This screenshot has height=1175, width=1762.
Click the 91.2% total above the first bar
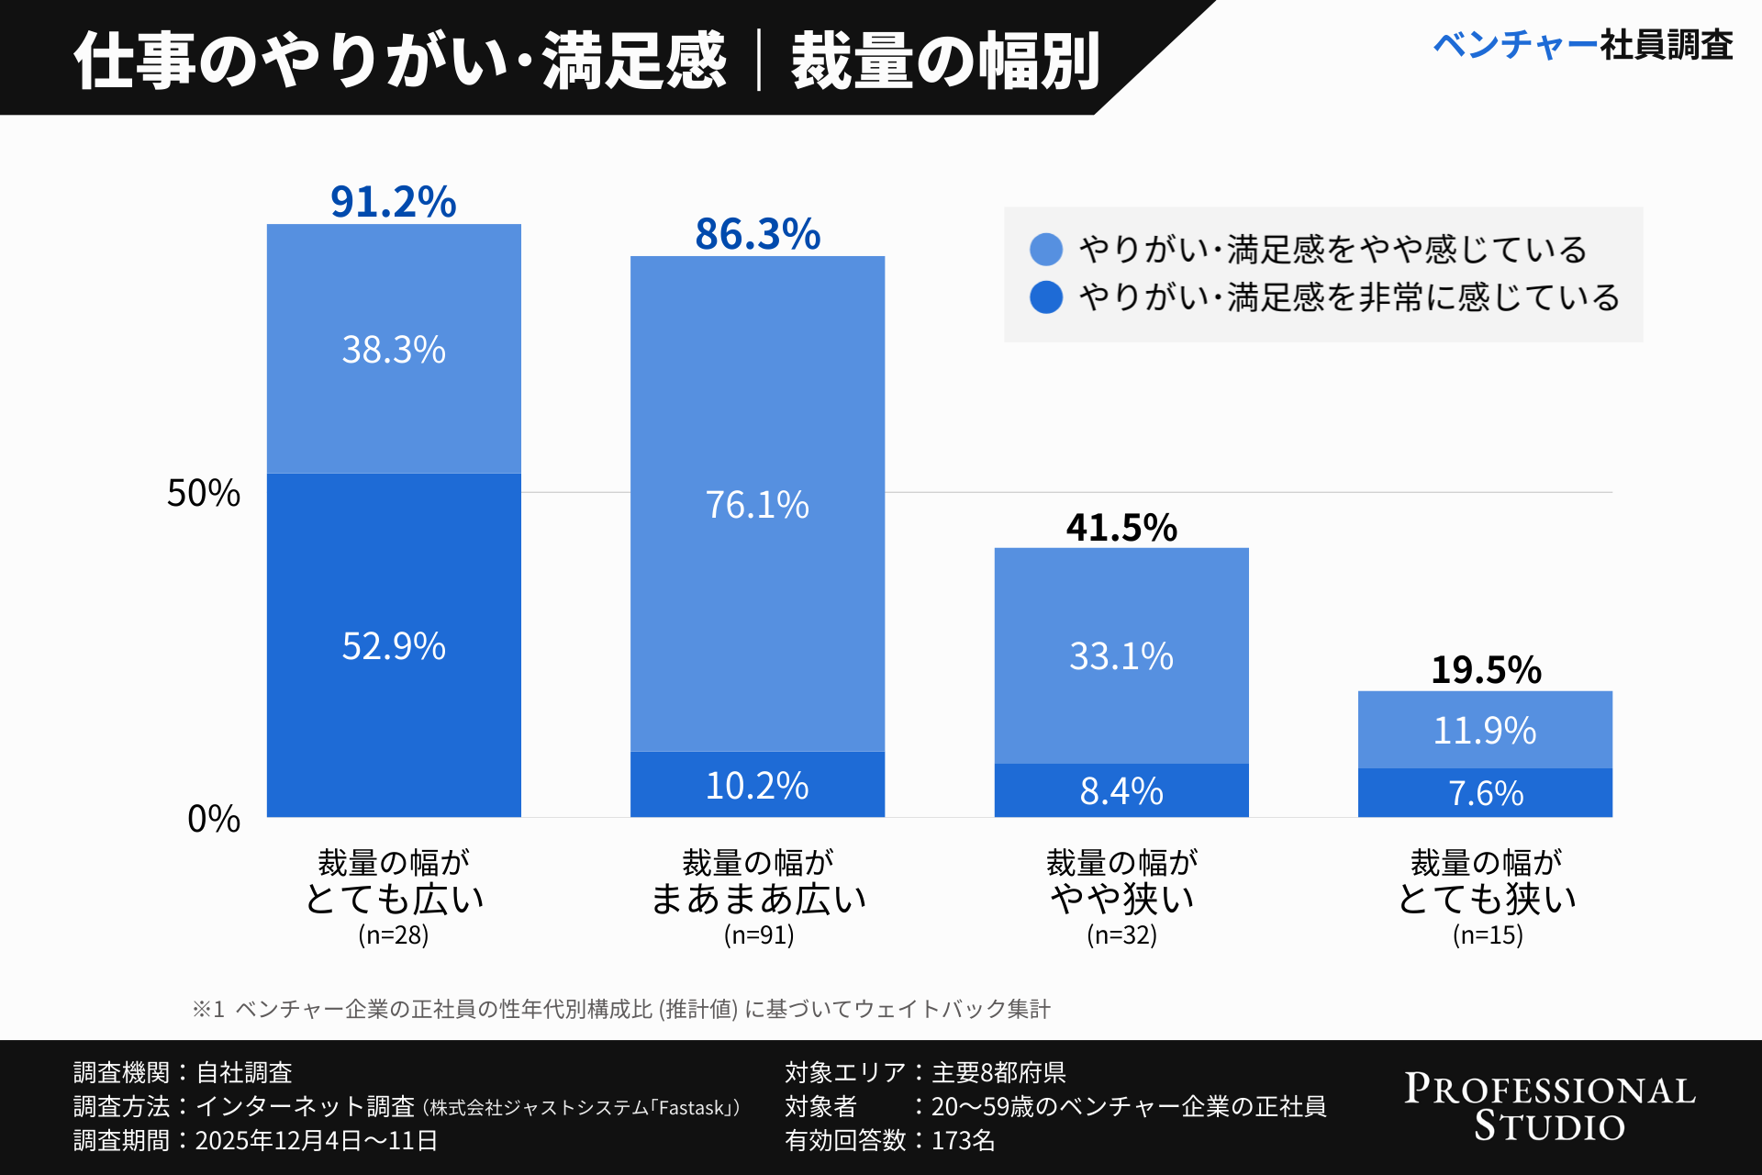point(393,202)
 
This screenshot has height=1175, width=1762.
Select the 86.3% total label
point(757,234)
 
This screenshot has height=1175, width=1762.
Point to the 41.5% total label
point(1121,528)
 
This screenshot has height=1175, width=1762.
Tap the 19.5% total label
point(1486,670)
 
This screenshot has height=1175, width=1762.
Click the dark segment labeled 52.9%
point(394,645)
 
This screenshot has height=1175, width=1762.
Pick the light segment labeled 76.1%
point(757,504)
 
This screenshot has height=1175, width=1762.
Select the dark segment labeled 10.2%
point(757,786)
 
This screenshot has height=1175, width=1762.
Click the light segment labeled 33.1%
point(1121,656)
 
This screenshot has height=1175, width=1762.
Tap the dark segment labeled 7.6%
point(1486,793)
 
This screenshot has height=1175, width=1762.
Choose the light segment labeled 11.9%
point(1485,731)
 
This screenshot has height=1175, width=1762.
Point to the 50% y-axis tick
point(203,493)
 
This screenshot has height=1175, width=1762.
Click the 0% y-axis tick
point(213,818)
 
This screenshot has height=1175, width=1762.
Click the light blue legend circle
point(1046,249)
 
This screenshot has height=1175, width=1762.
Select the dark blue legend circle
point(1046,297)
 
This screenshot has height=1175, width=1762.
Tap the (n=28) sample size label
point(393,934)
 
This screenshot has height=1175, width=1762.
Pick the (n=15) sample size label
point(1487,934)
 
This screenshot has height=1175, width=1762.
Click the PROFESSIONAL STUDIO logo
point(1550,1107)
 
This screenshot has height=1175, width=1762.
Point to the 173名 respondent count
point(963,1141)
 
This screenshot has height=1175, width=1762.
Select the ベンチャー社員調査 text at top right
point(1582,44)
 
